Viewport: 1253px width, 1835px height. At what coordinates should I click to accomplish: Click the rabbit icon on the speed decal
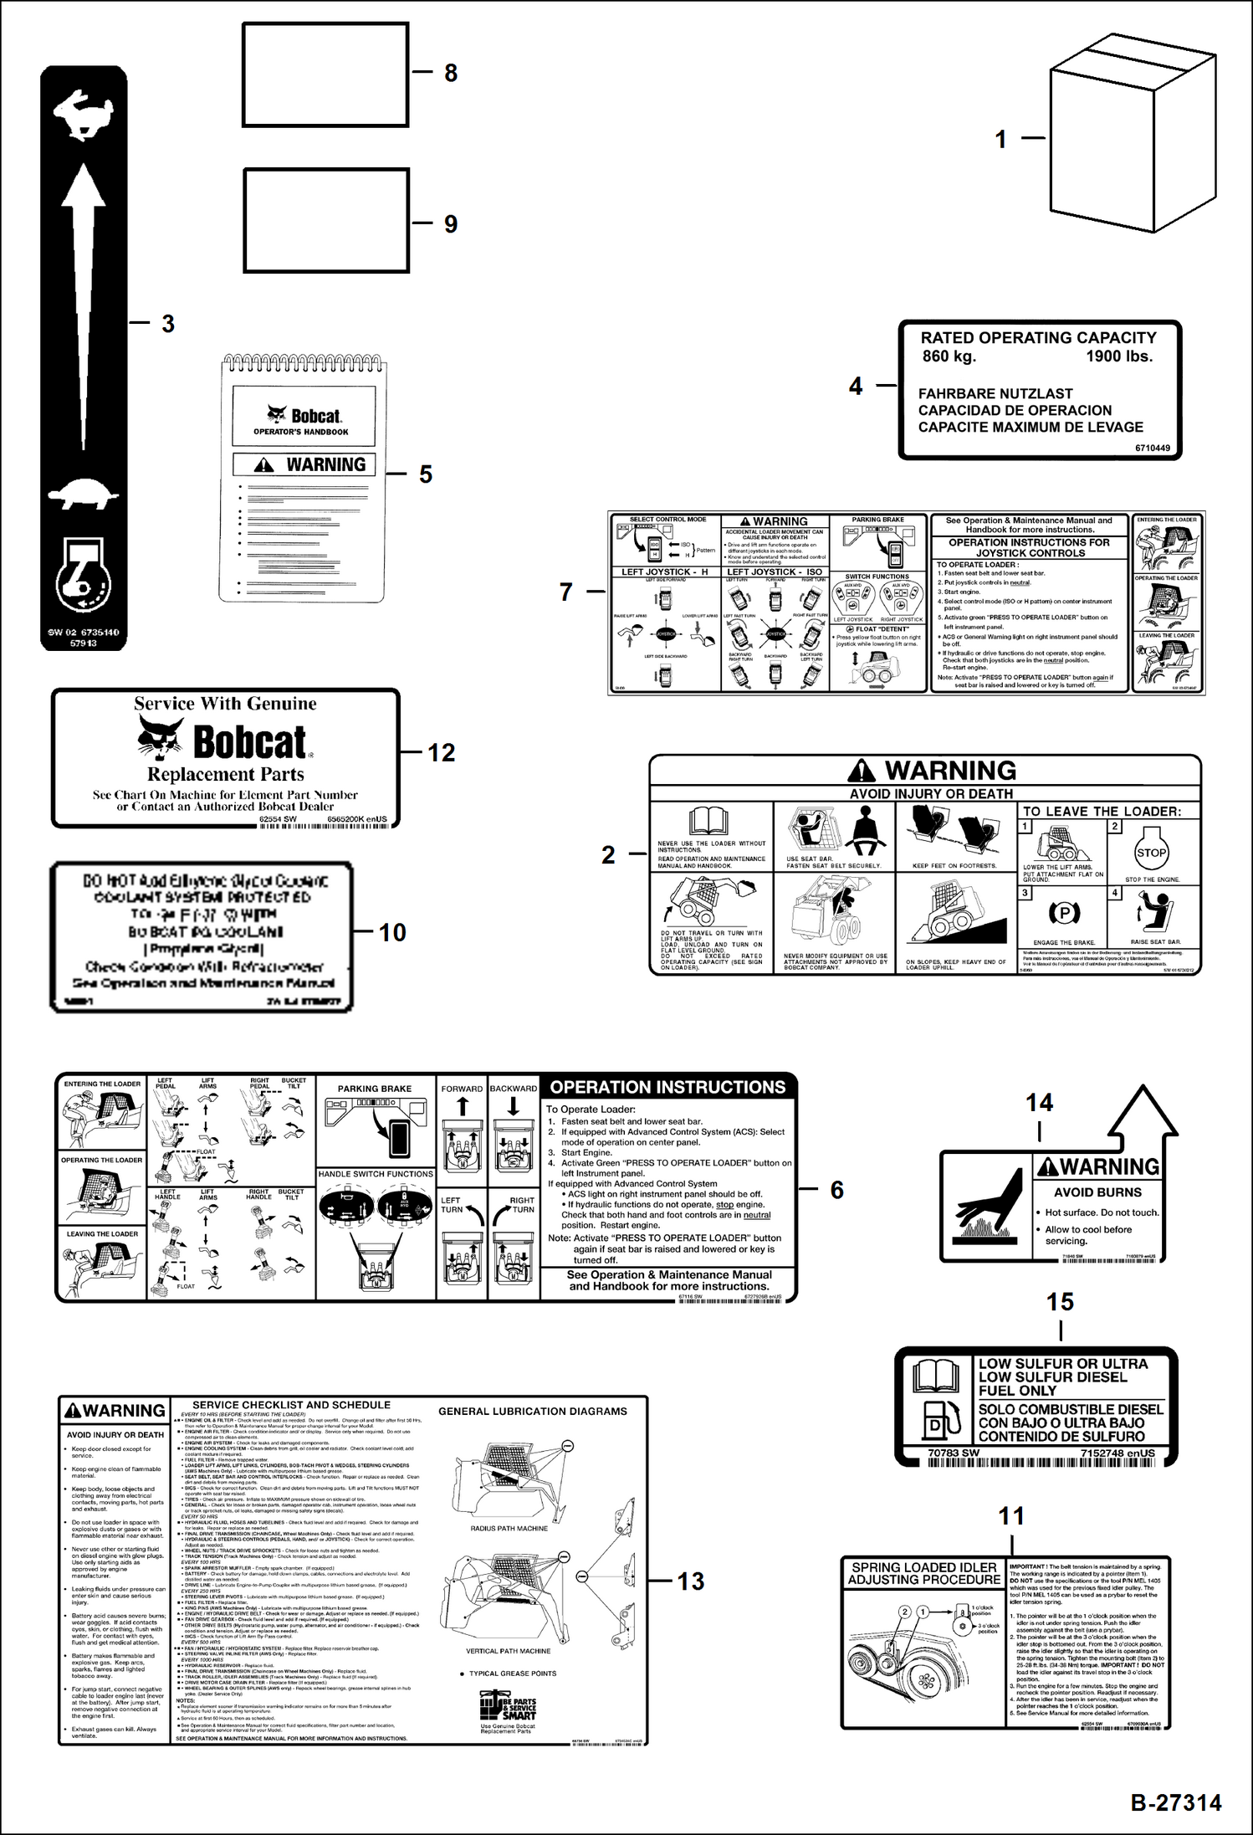click(83, 115)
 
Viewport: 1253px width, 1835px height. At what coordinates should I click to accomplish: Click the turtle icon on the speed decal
click(83, 494)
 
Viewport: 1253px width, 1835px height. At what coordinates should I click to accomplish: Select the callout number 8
click(451, 73)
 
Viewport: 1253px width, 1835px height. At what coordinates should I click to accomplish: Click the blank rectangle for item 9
click(326, 221)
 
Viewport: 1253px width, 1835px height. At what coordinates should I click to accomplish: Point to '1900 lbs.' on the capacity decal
click(1118, 356)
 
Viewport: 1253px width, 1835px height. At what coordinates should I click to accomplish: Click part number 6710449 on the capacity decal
click(1152, 448)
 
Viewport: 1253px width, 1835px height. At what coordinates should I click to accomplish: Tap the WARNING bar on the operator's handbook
click(304, 464)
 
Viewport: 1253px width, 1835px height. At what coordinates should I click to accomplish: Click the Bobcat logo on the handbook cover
click(303, 415)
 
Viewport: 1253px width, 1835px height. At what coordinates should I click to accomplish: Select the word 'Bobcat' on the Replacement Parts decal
click(249, 742)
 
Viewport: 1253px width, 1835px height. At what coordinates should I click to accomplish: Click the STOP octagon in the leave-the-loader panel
click(1151, 853)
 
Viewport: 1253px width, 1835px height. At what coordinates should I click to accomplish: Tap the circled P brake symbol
click(1064, 913)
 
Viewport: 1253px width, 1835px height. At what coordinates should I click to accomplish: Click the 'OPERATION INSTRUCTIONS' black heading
click(667, 1087)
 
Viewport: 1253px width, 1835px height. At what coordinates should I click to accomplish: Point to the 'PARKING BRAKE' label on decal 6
click(375, 1089)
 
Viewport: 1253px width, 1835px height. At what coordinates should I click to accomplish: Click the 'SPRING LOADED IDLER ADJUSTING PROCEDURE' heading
click(923, 1573)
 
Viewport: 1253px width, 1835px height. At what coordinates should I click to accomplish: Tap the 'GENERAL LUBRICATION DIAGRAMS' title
click(532, 1411)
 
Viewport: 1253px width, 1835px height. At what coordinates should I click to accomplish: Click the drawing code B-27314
click(1175, 1802)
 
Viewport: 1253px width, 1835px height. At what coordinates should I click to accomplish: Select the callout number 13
click(690, 1581)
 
